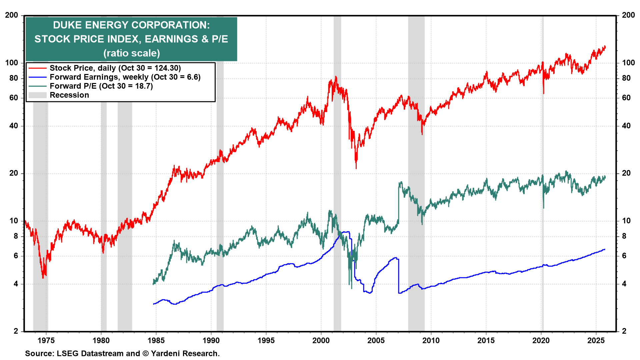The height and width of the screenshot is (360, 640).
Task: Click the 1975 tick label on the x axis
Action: coord(46,340)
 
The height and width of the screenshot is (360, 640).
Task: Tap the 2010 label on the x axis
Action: coord(431,340)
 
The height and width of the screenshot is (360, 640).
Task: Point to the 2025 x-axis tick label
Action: coord(596,340)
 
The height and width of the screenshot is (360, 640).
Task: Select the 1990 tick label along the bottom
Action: coord(211,340)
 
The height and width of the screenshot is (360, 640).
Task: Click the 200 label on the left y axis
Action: coord(12,15)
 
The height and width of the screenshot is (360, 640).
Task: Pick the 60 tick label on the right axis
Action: coord(626,98)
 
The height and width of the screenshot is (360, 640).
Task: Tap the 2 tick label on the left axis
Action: coord(16,331)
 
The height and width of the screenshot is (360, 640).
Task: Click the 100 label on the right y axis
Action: coord(628,63)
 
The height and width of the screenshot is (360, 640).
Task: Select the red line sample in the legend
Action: coord(37,68)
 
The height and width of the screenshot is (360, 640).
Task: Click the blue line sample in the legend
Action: coord(37,77)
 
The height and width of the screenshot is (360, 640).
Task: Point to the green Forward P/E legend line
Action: coord(37,86)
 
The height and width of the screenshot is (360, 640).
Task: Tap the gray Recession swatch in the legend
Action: coord(37,95)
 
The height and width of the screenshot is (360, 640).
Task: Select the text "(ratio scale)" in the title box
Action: coord(132,53)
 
